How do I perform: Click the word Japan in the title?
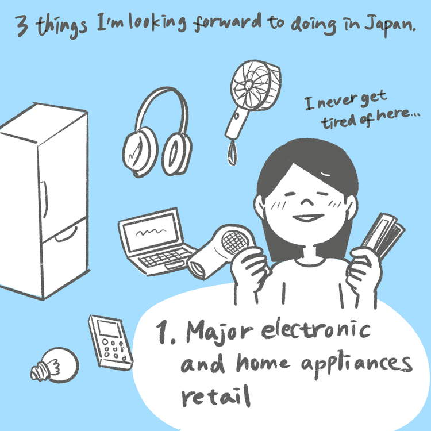coord(389,25)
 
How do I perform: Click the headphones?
coord(157,133)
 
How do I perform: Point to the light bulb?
coord(55,365)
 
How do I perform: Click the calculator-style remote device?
coord(111,343)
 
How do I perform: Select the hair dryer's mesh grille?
coord(235,243)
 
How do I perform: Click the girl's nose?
coord(307,202)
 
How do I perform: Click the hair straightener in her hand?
coord(383,236)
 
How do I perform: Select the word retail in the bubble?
coord(215,396)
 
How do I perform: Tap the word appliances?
coord(356,364)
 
